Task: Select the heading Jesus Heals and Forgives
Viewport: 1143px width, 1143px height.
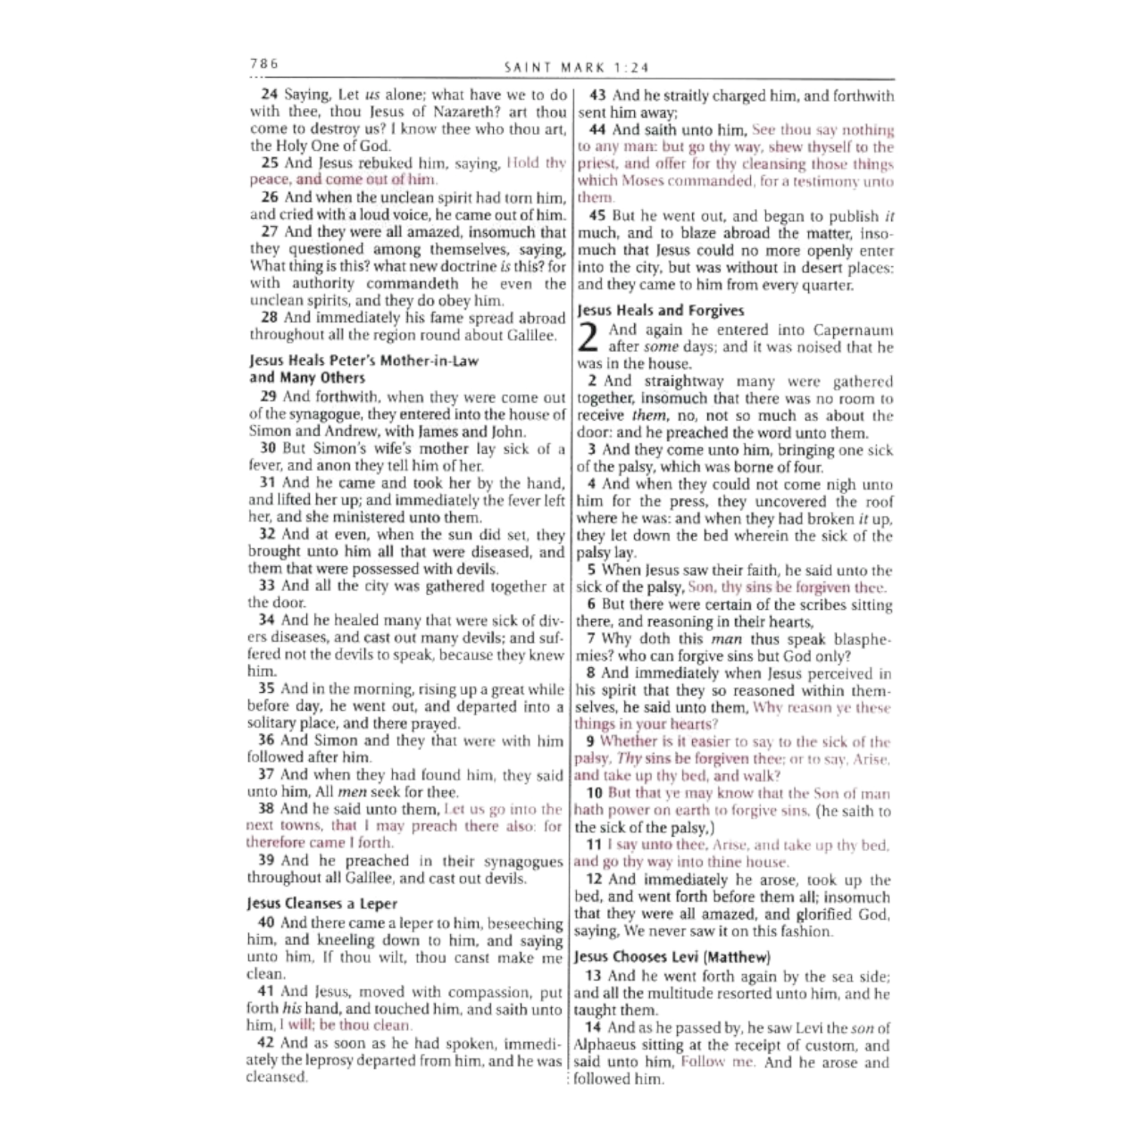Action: pos(660,311)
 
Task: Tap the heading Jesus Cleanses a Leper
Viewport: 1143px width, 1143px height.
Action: pos(321,903)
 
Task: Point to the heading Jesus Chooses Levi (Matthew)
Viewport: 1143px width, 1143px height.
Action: pos(672,957)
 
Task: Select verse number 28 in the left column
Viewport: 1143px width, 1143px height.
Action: pos(268,318)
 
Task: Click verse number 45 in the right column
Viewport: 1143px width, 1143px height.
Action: pos(597,216)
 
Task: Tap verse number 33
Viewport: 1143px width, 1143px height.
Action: pos(266,587)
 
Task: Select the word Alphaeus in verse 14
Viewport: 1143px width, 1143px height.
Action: pos(606,1046)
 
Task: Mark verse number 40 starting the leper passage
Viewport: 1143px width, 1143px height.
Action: pos(266,922)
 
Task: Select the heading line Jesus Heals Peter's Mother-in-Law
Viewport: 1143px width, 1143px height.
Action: pos(363,362)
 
